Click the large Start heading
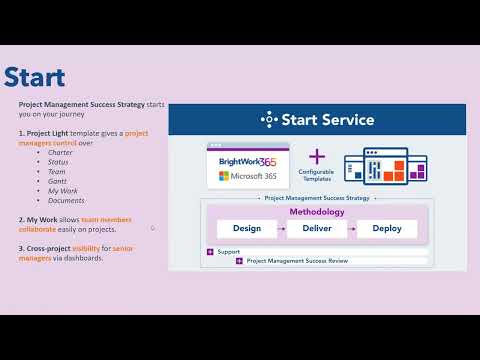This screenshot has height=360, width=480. (35, 77)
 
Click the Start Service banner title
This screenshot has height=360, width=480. (328, 120)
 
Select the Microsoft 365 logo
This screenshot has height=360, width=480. (247, 177)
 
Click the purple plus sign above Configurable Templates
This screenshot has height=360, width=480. (317, 156)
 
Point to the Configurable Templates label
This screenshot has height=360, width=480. (317, 177)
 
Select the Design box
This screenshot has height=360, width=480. (246, 229)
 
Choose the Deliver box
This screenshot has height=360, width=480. (316, 229)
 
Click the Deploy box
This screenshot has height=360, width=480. (386, 229)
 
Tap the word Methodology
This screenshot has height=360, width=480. (316, 212)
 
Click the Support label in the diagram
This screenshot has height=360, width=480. (228, 251)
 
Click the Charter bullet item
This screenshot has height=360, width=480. (60, 152)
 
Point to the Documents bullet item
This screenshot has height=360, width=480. (65, 200)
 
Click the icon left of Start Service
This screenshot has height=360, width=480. (267, 120)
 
